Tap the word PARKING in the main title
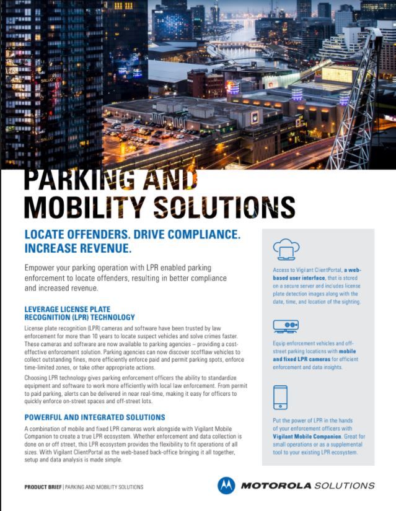(x=75, y=180)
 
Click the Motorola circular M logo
(x=226, y=485)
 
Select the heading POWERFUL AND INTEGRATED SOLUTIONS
(x=95, y=417)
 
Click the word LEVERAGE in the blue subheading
(x=45, y=308)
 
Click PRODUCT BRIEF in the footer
(x=43, y=487)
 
